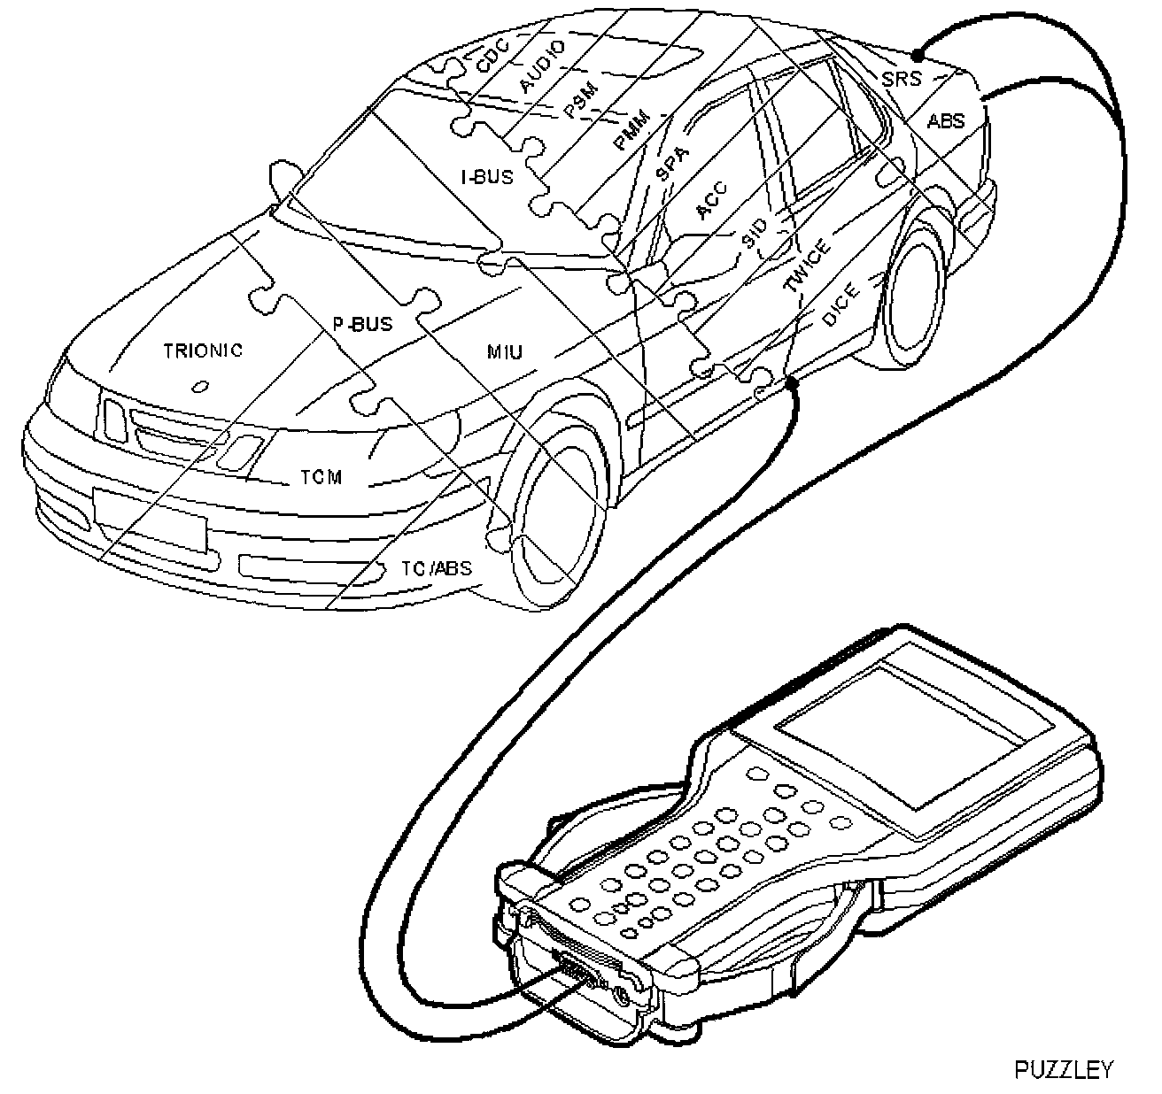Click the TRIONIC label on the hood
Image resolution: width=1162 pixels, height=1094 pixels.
(203, 351)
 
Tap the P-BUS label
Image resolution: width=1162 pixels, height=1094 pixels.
(362, 325)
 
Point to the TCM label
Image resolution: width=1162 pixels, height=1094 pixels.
(321, 478)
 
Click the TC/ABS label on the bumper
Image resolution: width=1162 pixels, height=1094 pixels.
(437, 568)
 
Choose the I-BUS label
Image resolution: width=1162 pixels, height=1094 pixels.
(486, 177)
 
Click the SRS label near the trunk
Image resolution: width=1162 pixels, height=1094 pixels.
(901, 79)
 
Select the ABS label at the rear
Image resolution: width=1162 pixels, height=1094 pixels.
(945, 120)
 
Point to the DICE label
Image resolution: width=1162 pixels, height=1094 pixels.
(839, 306)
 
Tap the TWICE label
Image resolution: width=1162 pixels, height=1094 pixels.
(807, 266)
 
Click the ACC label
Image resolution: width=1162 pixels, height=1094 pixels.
(711, 201)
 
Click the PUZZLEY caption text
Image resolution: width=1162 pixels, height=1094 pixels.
(1063, 1069)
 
